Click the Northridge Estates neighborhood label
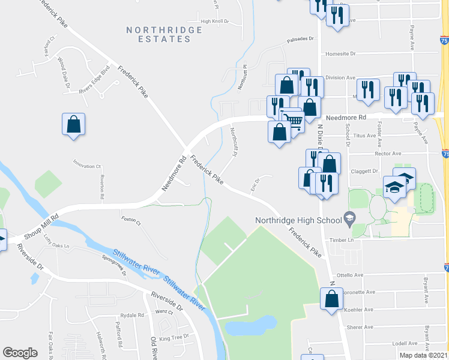pyautogui.click(x=159, y=34)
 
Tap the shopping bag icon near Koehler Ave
pyautogui.click(x=331, y=299)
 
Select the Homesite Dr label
pyautogui.click(x=340, y=53)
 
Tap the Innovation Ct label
pyautogui.click(x=88, y=166)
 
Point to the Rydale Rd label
pyautogui.click(x=132, y=315)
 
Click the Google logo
pyautogui.click(x=20, y=352)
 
